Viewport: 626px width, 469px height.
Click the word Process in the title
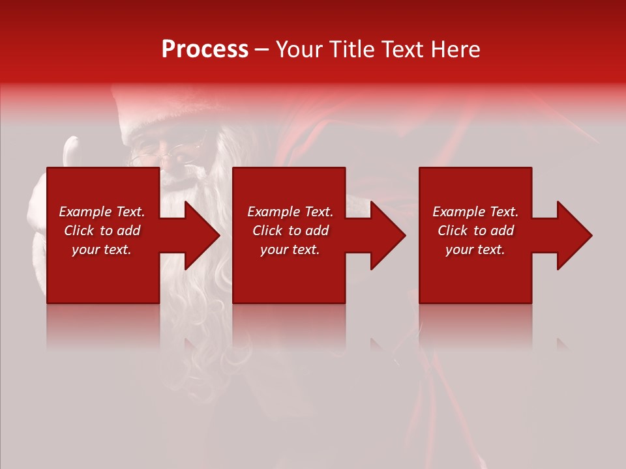click(x=205, y=50)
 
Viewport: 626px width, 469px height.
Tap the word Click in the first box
click(x=79, y=231)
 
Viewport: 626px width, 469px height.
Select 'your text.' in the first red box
click(x=102, y=249)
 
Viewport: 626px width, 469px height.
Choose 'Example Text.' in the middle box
click(x=290, y=212)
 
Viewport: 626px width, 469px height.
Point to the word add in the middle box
click(x=317, y=231)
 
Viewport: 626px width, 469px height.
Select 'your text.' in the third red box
click(x=475, y=249)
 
